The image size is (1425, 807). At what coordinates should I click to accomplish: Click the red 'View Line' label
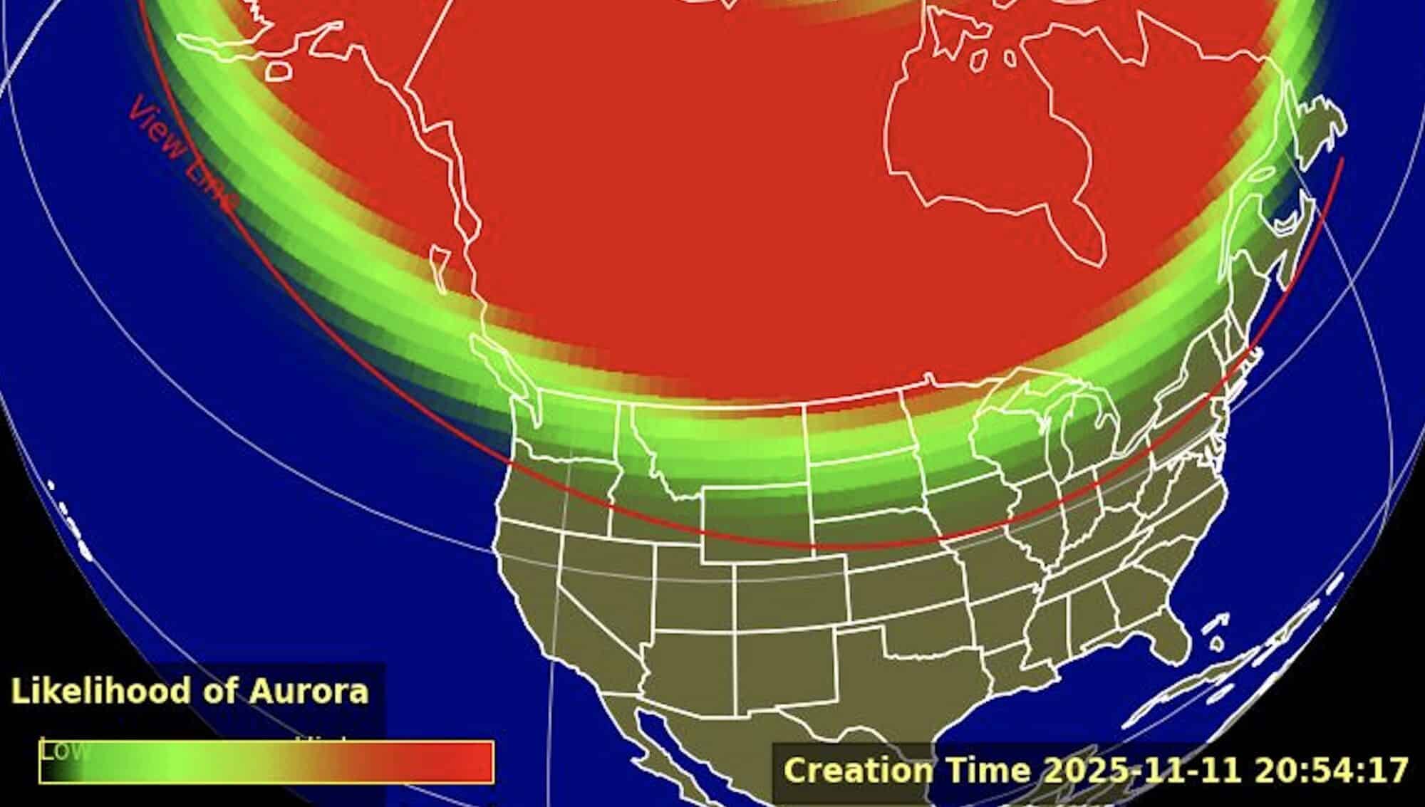[182, 156]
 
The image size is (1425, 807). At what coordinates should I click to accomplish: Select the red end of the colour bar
[463, 761]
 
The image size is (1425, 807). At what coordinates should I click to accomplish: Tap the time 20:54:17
[1332, 770]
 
